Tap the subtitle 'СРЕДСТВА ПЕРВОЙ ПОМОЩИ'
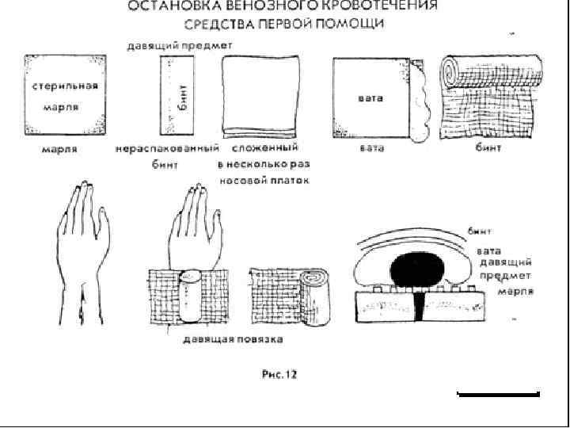pyautogui.click(x=285, y=24)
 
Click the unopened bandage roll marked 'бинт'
pyautogui.click(x=177, y=97)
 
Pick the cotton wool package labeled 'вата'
pyautogui.click(x=371, y=97)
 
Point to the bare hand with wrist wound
pyautogui.click(x=81, y=246)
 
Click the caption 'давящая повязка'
pyautogui.click(x=233, y=338)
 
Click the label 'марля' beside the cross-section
pyautogui.click(x=515, y=291)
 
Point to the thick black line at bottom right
pyautogui.click(x=499, y=393)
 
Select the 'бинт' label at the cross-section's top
pyautogui.click(x=479, y=231)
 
